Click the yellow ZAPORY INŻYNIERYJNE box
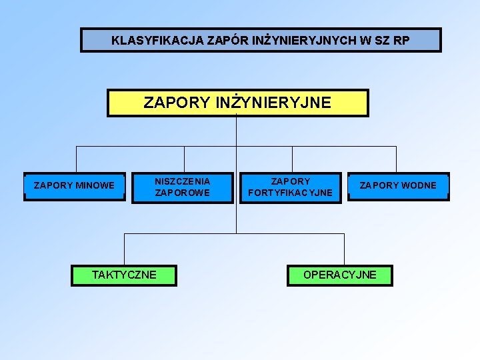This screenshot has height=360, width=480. (237, 103)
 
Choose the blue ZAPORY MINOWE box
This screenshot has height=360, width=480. (74, 186)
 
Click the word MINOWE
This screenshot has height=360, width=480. (95, 185)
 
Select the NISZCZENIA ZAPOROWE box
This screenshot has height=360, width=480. (183, 187)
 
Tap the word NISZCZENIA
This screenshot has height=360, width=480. (183, 181)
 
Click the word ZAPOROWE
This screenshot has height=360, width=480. (183, 193)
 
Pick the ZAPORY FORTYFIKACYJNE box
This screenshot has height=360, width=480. (290, 187)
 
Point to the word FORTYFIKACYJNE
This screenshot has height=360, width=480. (290, 193)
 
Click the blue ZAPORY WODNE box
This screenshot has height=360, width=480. (398, 186)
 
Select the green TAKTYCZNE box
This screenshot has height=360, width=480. (124, 275)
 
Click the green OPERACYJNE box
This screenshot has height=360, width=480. (339, 275)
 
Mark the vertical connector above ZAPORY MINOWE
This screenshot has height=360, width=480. (76, 159)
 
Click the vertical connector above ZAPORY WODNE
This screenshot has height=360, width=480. (396, 159)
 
